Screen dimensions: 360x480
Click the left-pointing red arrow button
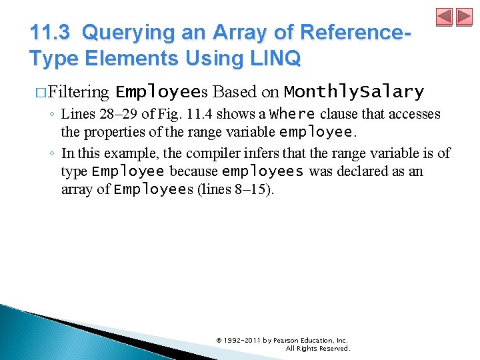[445, 17]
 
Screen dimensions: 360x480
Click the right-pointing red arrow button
[463, 17]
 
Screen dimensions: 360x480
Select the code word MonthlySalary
[353, 91]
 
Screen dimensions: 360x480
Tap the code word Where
[293, 114]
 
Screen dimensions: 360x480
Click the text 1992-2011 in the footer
[243, 340]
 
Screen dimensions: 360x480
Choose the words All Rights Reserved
[317, 348]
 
